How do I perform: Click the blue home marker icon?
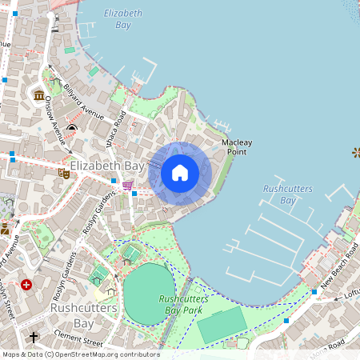[x=180, y=173]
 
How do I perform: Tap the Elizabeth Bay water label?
[x=122, y=19]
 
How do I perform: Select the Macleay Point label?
[x=237, y=146]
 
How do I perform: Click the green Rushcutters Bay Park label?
[x=183, y=304]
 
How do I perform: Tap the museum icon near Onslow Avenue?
[x=39, y=96]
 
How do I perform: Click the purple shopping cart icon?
[x=127, y=186]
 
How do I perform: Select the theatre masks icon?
[x=63, y=172]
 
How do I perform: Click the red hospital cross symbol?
[x=27, y=284]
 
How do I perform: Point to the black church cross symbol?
[x=34, y=338]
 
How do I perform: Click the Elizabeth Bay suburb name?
[x=106, y=166]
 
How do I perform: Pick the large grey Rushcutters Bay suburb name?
[x=83, y=315]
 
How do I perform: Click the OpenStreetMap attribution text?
[x=80, y=354]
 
